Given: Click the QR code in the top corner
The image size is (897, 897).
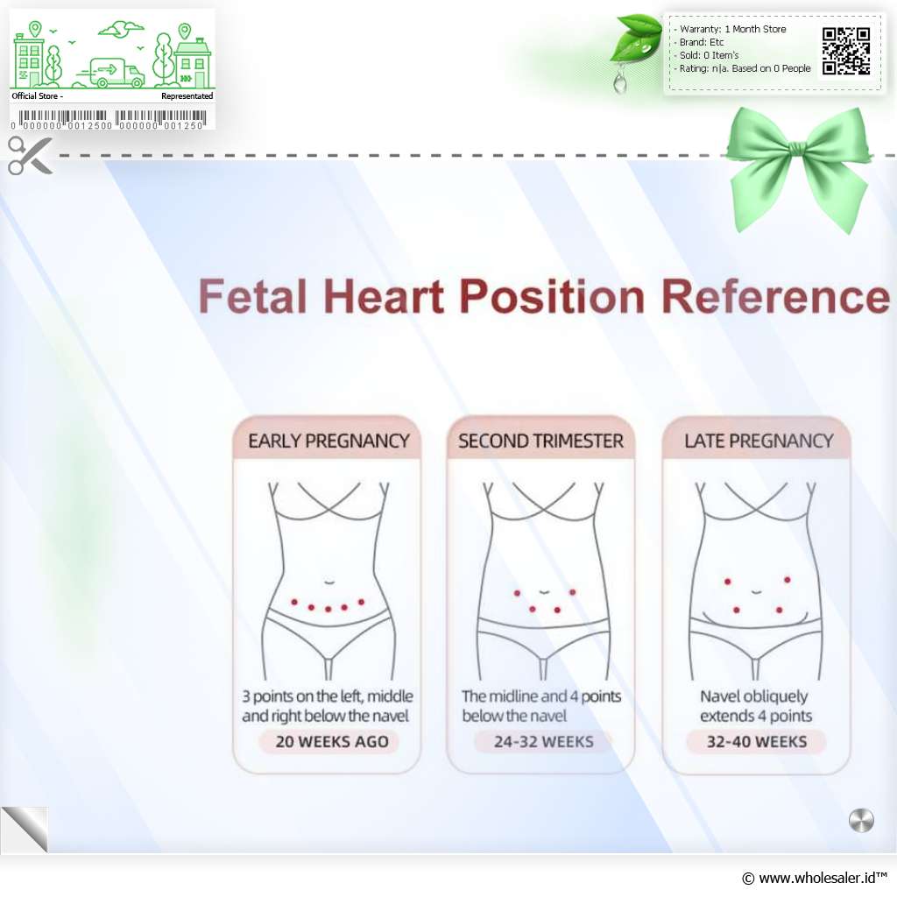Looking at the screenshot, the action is (x=846, y=51).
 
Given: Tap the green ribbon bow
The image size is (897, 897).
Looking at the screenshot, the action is (x=799, y=169).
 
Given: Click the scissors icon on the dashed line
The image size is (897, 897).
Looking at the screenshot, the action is (x=30, y=155).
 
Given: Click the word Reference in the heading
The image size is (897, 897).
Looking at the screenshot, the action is (x=775, y=296).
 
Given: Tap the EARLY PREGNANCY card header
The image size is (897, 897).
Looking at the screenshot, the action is (x=328, y=440).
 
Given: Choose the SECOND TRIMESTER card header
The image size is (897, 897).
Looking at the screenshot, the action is (x=540, y=440).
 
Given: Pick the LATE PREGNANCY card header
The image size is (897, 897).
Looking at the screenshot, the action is (x=757, y=440).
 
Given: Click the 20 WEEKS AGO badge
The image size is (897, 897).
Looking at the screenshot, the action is (x=331, y=741).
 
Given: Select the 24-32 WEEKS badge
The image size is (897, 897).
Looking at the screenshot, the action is (x=543, y=741).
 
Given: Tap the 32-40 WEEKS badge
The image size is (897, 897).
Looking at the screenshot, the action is (x=756, y=741).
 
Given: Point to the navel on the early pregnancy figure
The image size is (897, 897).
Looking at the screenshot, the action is (x=329, y=583).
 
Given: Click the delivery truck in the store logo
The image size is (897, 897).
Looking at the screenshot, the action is (x=111, y=72).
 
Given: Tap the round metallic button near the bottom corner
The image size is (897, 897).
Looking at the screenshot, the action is (x=861, y=820).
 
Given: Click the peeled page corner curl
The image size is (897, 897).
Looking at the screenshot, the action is (x=24, y=830).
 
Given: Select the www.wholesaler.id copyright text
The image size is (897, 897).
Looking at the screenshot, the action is (x=814, y=878).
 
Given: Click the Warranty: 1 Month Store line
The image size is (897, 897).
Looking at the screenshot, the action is (x=731, y=29).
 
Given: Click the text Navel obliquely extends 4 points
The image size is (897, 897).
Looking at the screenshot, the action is (x=755, y=706).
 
